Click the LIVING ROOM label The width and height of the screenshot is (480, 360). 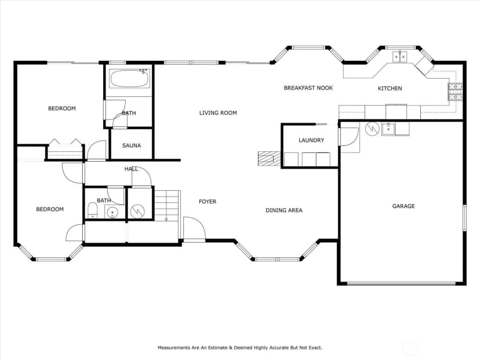(218, 113)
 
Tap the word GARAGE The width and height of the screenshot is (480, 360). (403, 206)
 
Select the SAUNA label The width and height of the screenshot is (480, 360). (132, 146)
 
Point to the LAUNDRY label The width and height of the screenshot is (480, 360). (311, 140)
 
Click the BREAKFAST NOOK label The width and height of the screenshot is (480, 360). (308, 88)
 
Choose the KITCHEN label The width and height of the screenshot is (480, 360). (390, 89)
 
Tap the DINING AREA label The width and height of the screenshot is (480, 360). (284, 210)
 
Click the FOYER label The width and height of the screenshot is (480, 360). (208, 201)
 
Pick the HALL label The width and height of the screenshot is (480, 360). (131, 169)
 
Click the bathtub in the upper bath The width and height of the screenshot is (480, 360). (129, 79)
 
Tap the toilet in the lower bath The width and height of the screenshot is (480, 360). (92, 210)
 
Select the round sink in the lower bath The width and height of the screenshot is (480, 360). (112, 212)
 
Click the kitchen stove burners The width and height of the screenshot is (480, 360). (455, 92)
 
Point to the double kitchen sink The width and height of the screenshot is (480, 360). (400, 57)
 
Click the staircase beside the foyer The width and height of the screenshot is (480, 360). (166, 205)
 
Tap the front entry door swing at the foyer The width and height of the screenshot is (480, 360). (194, 228)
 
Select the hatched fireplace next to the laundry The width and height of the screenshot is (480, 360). (269, 159)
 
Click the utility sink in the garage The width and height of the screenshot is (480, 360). (388, 129)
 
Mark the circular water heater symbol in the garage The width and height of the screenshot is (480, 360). (372, 129)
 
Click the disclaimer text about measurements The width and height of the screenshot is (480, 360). (240, 347)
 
